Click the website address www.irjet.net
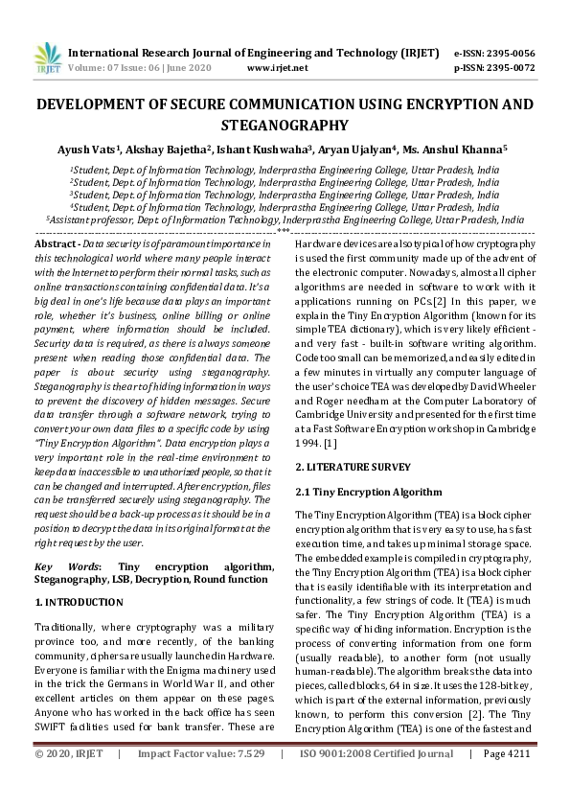point(278,68)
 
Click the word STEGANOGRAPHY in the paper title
point(285,125)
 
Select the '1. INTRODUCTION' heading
point(79,602)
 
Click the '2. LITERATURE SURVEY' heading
point(353,467)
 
